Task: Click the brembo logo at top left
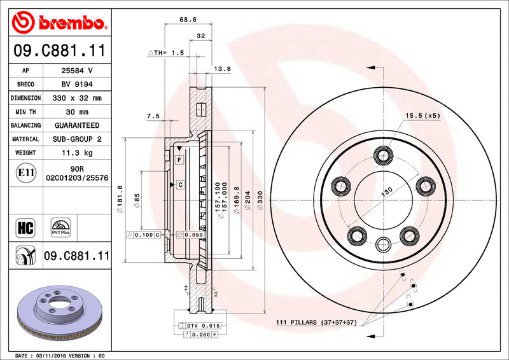pos(59,24)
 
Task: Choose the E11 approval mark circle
pos(25,172)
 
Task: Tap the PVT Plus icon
pos(62,227)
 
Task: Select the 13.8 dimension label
pos(222,68)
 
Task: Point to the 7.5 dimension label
pos(153,116)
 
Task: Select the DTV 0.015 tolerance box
pos(200,326)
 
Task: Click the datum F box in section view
pos(180,158)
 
